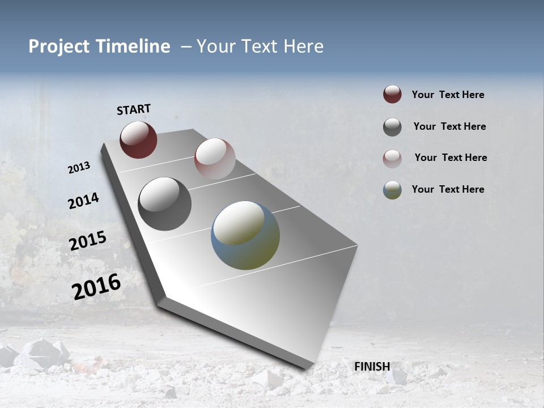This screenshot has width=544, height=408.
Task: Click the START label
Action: [134, 109]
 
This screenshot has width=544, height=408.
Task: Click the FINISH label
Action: [372, 367]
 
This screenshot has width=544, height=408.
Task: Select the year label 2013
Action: [79, 168]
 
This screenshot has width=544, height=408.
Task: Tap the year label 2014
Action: [83, 201]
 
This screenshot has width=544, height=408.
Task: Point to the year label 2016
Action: [96, 287]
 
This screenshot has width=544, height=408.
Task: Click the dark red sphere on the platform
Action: [138, 139]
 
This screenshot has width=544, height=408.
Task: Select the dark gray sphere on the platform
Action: [164, 204]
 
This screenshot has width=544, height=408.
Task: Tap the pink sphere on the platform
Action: [215, 159]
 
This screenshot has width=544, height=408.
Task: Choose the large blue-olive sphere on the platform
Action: [245, 235]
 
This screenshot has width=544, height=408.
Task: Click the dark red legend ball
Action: [392, 95]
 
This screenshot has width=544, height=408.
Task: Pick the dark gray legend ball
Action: [392, 127]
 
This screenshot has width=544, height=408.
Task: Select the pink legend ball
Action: [392, 159]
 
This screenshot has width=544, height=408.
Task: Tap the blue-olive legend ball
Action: [392, 190]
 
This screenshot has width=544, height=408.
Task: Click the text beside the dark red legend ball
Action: [448, 95]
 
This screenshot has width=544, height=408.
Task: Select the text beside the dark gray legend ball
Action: [449, 126]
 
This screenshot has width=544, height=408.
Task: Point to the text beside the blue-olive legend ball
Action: [448, 189]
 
